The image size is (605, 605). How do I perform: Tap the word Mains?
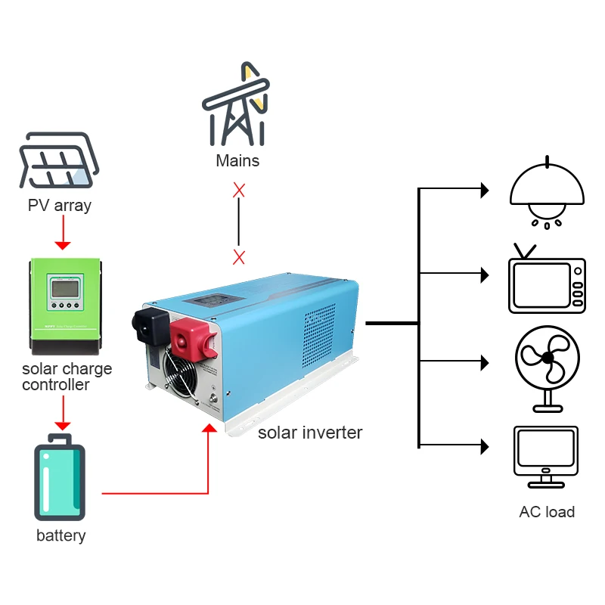(x=237, y=160)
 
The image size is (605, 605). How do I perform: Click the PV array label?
(x=60, y=205)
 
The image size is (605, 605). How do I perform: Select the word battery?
(x=60, y=535)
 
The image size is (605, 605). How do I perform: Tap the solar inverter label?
(x=310, y=433)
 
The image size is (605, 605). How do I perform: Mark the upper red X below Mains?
(x=239, y=190)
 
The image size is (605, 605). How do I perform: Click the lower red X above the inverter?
(x=239, y=257)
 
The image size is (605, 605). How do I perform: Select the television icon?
(x=547, y=281)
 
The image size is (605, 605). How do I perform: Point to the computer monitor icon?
(x=546, y=455)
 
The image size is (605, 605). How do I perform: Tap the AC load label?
(x=547, y=512)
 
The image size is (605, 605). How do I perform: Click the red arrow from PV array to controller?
(x=63, y=234)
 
